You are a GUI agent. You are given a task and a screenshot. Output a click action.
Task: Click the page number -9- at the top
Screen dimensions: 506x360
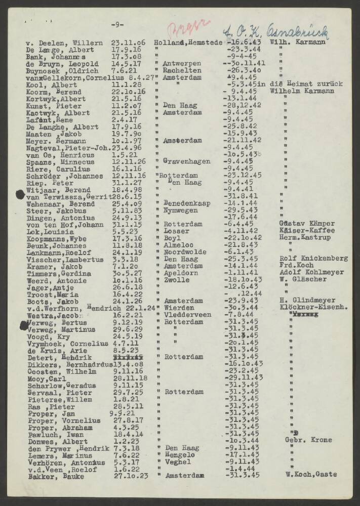click(117, 25)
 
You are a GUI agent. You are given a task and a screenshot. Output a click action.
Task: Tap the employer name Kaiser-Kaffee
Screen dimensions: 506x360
click(306, 230)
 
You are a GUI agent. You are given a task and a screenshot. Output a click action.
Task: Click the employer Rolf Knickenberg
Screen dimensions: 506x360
click(313, 258)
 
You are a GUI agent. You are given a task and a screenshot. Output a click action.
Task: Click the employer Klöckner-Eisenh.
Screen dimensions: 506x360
click(313, 307)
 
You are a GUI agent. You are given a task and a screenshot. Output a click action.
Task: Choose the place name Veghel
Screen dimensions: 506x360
click(177, 461)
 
